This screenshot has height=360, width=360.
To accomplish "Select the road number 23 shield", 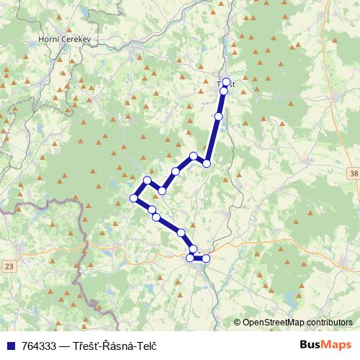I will tap(9, 266).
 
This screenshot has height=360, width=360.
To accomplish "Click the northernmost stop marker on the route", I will tap(226, 82).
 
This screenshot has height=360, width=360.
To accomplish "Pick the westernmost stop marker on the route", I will tap(133, 198).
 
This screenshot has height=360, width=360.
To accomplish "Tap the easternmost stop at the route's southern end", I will tap(207, 258).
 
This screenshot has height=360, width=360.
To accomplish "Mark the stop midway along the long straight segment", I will tap(218, 116).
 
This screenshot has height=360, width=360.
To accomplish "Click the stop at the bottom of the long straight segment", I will tap(207, 163).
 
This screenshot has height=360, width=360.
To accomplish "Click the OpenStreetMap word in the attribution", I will tap(273, 323).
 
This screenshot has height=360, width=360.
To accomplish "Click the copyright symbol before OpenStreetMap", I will tap(238, 323).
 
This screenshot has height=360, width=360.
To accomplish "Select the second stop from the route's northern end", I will tap(224, 91).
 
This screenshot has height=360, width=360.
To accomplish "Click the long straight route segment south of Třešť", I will tap(213, 137).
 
